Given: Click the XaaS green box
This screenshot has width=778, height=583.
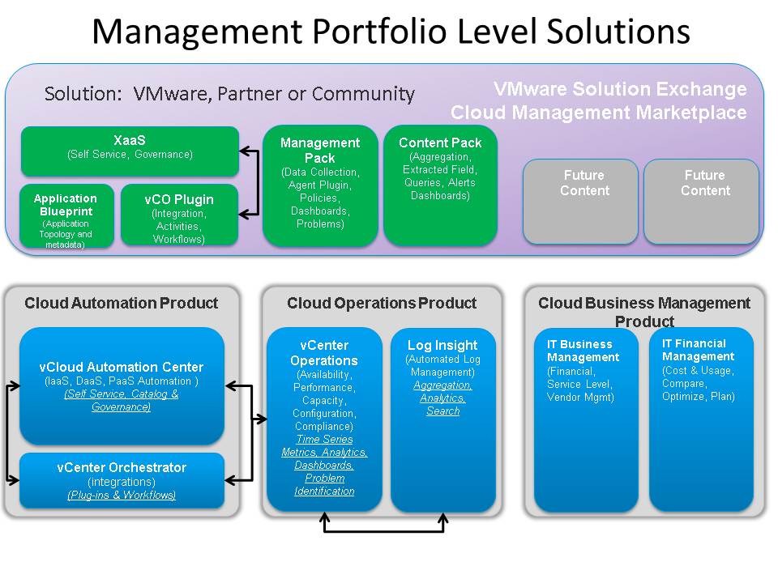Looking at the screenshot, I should [x=130, y=151].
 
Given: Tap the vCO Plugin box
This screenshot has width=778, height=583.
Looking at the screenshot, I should [x=179, y=215].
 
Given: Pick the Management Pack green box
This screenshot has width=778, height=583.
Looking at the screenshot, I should [x=320, y=185].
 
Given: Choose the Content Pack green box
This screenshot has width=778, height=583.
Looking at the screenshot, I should [x=440, y=185].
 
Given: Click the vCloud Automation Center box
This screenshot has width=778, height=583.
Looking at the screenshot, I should [x=122, y=385].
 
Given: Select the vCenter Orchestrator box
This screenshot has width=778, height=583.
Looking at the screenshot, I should [x=122, y=480].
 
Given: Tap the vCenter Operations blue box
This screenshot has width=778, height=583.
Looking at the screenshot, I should [x=324, y=419].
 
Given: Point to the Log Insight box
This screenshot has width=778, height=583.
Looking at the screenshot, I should [x=442, y=419].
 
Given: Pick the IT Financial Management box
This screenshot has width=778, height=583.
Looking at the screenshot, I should [x=701, y=419].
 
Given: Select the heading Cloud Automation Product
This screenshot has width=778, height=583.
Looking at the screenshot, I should [x=122, y=304].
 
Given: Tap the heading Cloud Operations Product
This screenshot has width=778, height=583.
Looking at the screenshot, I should [x=382, y=304].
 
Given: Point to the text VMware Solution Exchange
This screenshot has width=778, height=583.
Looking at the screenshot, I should [x=620, y=89].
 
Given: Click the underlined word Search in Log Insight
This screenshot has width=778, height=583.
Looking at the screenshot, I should [x=442, y=411].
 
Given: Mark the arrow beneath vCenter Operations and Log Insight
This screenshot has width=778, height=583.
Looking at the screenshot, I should [x=384, y=530].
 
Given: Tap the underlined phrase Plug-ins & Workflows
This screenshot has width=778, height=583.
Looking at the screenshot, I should [x=122, y=496].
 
